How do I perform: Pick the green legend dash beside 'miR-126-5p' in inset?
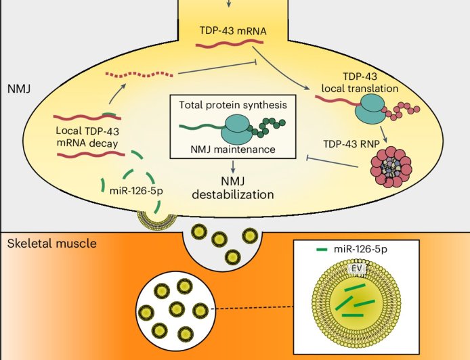pos(322,250)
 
